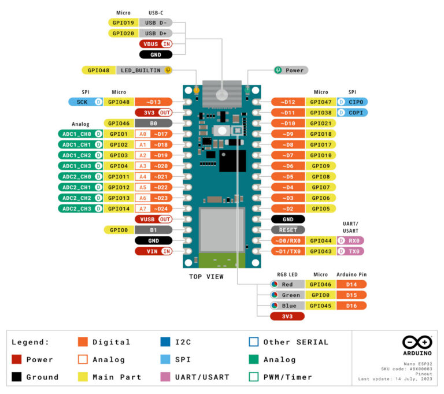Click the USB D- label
pos(156,23)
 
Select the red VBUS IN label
pos(156,44)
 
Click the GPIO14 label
pos(119,209)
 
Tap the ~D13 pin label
pos(153,102)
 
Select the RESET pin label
pos(287,230)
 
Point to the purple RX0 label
pos(352,240)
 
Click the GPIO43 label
pos(320,251)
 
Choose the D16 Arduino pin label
pos(351,306)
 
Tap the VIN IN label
pos(154,251)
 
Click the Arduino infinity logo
pos(417,342)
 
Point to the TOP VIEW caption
pos(206,277)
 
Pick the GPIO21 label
pos(320,123)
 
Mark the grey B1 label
pos(153,230)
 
